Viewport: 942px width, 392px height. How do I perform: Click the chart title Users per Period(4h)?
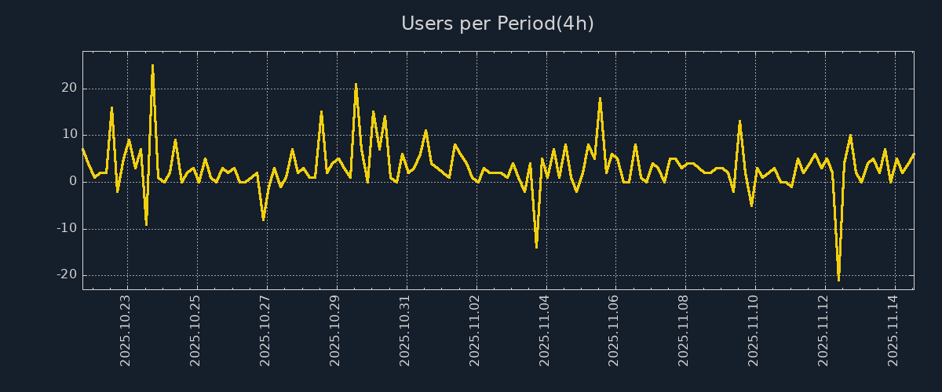click(498, 24)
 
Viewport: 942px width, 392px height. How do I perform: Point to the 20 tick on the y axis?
click(68, 89)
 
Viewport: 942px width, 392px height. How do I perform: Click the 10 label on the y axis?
click(68, 135)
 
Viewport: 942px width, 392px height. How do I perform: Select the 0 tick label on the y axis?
click(72, 182)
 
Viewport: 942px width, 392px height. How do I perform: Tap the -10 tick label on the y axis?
click(66, 229)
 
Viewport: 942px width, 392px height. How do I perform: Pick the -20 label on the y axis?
click(66, 275)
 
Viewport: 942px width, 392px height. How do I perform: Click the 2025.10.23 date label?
click(126, 330)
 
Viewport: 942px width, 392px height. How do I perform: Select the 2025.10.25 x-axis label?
click(195, 330)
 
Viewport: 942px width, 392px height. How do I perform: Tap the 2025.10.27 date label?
click(265, 330)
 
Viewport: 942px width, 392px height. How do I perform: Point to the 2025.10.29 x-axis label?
click(335, 330)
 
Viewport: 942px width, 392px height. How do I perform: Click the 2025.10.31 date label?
click(405, 330)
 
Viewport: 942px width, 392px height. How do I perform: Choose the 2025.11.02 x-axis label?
click(475, 330)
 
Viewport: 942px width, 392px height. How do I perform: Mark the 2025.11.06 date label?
click(615, 330)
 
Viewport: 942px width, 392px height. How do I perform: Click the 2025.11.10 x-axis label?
click(754, 330)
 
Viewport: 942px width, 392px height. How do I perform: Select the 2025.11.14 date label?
click(894, 330)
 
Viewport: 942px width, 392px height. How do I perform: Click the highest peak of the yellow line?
click(152, 65)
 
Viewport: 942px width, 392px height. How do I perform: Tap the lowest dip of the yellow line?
click(838, 280)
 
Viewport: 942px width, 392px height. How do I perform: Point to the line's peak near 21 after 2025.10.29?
click(356, 84)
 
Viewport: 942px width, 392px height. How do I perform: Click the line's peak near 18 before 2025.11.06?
click(600, 98)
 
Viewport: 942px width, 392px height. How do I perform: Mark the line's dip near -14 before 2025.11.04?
click(536, 248)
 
